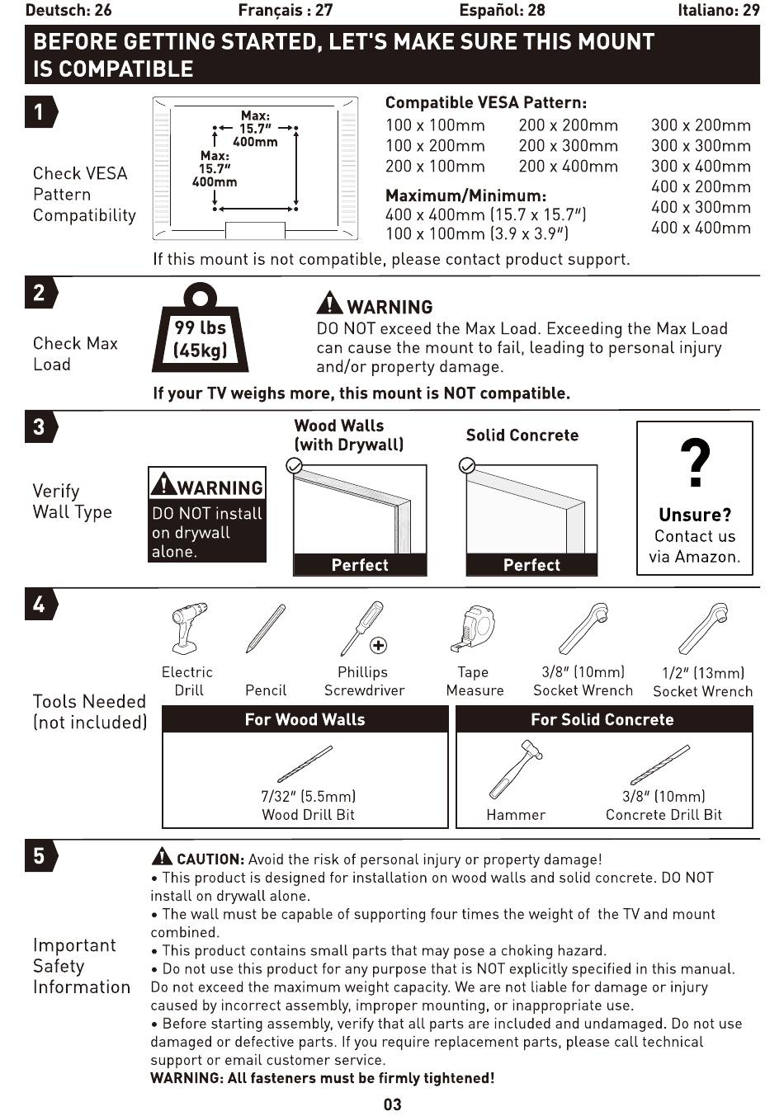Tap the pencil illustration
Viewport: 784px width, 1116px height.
point(266,629)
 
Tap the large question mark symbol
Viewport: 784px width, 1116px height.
point(695,463)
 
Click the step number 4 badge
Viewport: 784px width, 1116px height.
point(40,605)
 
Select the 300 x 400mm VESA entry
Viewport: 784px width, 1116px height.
point(701,166)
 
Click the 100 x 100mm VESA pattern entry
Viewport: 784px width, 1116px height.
point(435,125)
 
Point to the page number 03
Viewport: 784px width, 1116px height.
point(392,1104)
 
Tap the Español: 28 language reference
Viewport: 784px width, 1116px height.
point(502,11)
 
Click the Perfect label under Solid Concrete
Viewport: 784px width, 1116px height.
point(531,565)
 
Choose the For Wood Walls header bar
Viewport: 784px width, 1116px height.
point(305,719)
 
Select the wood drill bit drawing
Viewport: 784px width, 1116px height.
point(305,764)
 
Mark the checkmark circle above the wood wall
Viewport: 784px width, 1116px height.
point(294,466)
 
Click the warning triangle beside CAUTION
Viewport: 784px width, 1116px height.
point(162,857)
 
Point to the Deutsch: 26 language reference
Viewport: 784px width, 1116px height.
point(68,11)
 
